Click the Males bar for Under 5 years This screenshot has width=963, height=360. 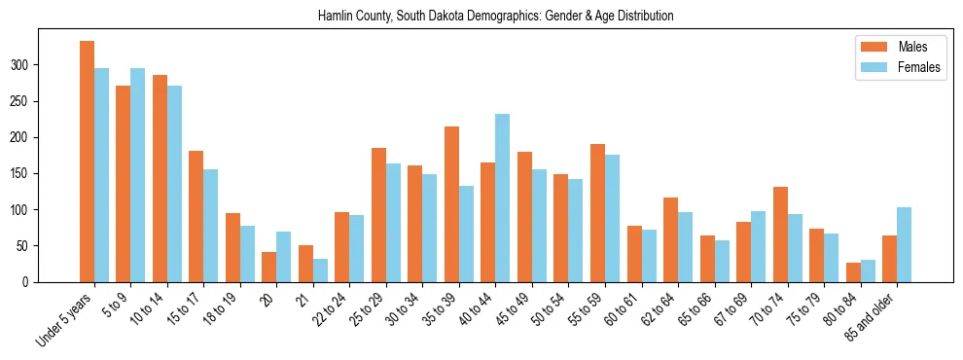(87, 162)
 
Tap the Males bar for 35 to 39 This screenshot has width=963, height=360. (451, 204)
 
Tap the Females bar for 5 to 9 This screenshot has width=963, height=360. (137, 175)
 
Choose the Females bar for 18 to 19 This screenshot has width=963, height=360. (247, 254)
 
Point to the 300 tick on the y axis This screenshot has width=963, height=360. (67, 65)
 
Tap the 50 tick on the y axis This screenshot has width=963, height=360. (67, 246)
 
